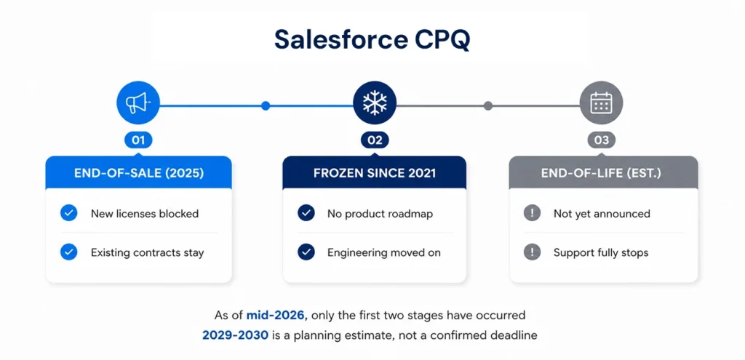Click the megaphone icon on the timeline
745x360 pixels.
click(138, 103)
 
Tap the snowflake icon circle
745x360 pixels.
click(375, 103)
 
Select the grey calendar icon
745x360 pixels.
click(601, 103)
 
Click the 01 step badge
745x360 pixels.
click(138, 140)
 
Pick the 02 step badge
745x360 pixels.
click(375, 140)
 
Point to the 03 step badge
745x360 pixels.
click(601, 140)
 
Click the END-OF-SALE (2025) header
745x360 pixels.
click(139, 173)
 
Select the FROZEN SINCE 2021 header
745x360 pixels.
click(375, 173)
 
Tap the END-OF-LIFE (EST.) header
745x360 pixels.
click(603, 173)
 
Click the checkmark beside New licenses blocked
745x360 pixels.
click(69, 213)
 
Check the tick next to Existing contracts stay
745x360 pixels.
click(69, 252)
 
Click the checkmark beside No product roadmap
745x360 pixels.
click(306, 213)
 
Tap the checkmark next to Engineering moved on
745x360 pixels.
click(306, 252)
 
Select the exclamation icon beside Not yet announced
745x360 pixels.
click(532, 213)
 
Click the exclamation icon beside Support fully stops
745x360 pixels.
click(532, 252)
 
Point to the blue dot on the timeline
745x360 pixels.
click(266, 105)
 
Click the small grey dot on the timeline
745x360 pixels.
click(488, 105)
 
